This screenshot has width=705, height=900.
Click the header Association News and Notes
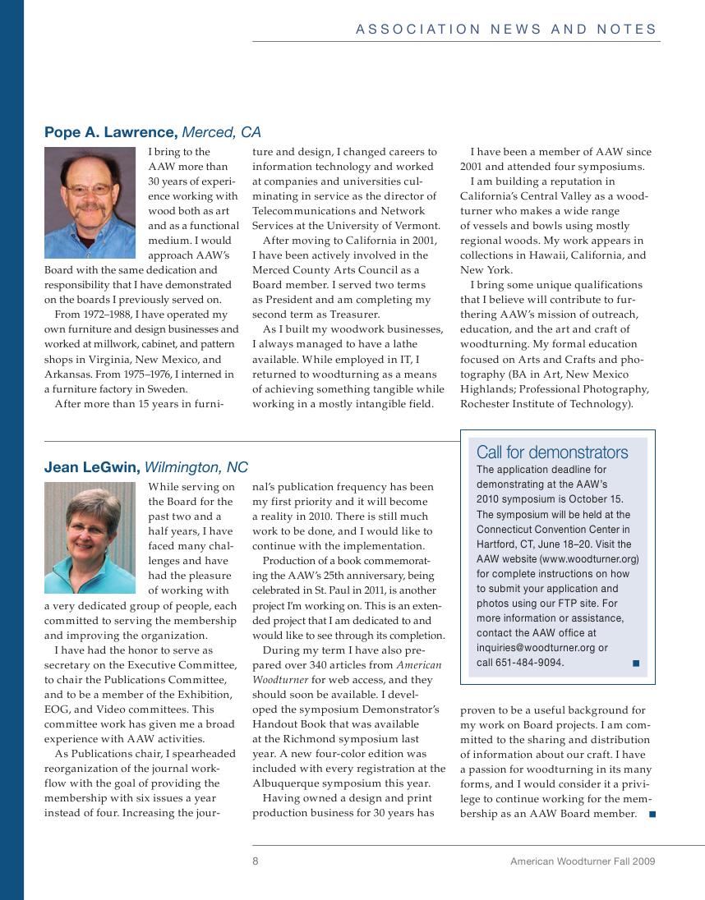coord(506,30)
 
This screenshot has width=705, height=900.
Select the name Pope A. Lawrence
coord(110,132)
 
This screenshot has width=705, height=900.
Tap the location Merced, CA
coord(221,132)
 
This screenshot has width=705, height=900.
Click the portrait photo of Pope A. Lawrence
coord(90,203)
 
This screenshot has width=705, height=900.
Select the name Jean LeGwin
coord(92,467)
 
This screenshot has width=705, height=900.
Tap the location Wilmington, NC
coord(196,467)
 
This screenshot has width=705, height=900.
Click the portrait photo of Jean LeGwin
coord(90,538)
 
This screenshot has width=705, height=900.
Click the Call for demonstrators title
coord(552,452)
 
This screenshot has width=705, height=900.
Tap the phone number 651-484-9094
coord(529,663)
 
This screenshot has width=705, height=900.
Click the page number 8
coord(256,861)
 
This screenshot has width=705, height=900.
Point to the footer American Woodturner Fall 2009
coord(582,861)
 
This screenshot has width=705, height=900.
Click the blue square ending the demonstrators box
coord(636,663)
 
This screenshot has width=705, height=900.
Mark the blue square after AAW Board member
coord(652,814)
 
